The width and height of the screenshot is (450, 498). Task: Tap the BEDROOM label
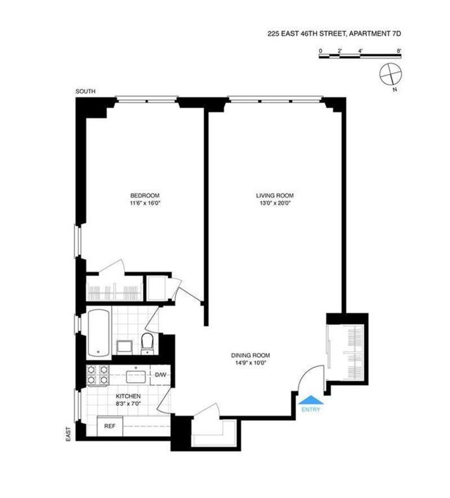click(145, 195)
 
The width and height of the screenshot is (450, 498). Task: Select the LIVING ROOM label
click(275, 195)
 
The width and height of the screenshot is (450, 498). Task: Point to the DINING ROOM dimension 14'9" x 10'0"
click(250, 363)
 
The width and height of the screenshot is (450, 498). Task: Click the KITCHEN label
click(128, 396)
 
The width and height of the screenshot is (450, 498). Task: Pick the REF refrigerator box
click(110, 426)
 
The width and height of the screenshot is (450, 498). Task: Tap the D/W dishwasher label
click(160, 375)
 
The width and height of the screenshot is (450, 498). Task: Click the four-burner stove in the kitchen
click(97, 375)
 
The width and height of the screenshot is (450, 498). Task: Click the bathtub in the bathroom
click(99, 333)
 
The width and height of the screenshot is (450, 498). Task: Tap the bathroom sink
click(124, 347)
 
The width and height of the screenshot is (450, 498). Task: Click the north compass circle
click(390, 74)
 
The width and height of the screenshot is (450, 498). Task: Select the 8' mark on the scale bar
click(399, 51)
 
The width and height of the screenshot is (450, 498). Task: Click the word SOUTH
click(85, 92)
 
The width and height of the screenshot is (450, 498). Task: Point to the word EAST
click(68, 433)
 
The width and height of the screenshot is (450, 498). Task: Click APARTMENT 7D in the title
click(375, 33)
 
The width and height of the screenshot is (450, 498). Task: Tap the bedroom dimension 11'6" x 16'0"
click(145, 203)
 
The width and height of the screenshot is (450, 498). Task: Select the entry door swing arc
click(308, 371)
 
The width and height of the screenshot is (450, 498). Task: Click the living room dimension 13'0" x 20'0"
click(275, 203)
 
